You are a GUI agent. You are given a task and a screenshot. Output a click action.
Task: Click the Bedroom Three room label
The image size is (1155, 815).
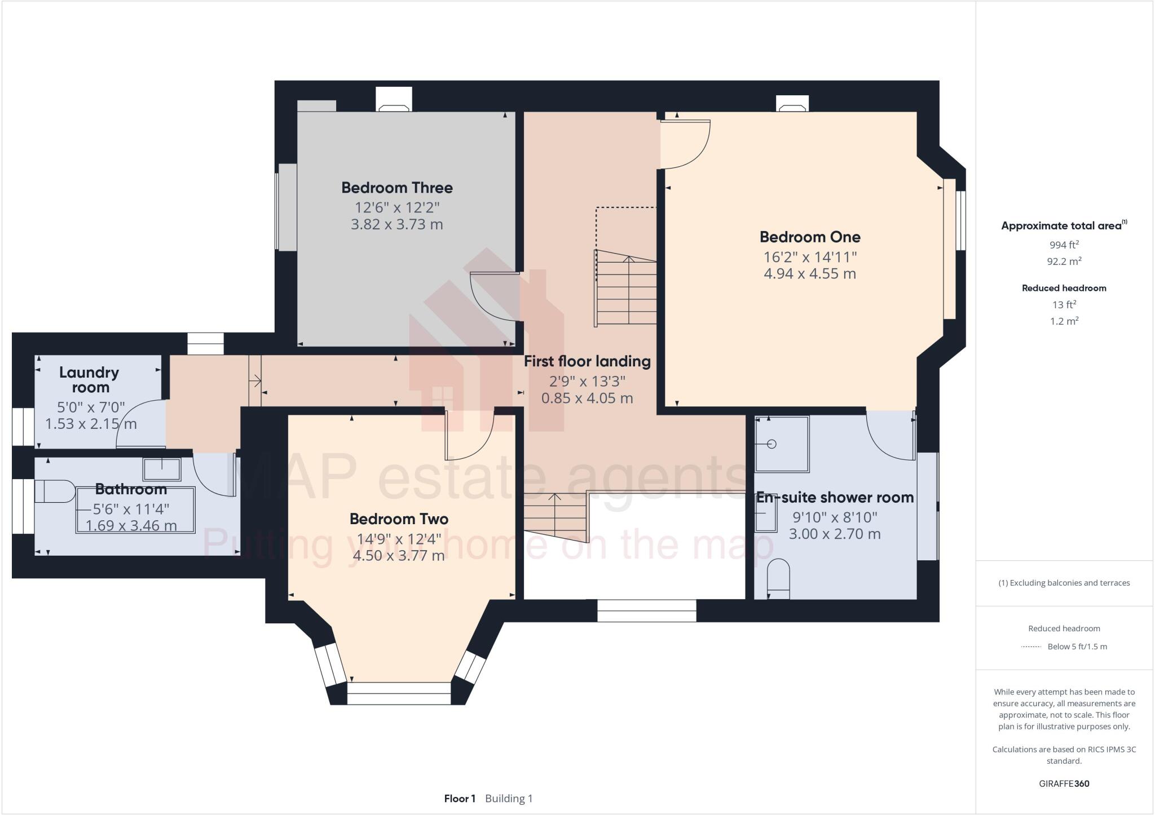tap(396, 187)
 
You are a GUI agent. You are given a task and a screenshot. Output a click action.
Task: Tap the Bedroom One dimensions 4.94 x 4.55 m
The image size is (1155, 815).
tap(809, 274)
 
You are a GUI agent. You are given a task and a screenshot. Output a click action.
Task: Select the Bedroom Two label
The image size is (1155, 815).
tap(399, 519)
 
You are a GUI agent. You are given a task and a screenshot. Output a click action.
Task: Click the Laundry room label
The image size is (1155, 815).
tap(89, 379)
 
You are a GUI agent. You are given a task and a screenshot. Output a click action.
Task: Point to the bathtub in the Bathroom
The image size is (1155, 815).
tap(135, 510)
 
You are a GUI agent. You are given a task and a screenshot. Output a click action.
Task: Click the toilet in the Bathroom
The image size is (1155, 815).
tap(54, 491)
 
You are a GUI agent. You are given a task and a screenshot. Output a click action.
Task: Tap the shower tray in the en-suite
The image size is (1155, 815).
tap(781, 444)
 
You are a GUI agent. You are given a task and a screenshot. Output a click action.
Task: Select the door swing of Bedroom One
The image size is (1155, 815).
tap(685, 144)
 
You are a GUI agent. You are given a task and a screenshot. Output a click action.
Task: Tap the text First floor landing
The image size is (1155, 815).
tap(587, 361)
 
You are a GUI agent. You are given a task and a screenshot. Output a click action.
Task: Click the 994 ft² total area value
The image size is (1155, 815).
tap(1064, 245)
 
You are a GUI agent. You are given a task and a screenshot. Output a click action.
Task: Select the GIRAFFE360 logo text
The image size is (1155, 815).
tap(1064, 783)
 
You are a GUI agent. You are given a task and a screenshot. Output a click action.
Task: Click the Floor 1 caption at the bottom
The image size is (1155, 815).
tap(460, 798)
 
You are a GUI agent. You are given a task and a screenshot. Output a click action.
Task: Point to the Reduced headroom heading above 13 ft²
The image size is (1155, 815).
tap(1064, 288)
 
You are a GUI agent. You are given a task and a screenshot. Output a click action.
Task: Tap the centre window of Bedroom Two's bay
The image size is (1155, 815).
tap(399, 693)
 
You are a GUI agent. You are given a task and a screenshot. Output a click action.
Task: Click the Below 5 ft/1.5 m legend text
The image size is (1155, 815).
tap(1077, 646)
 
